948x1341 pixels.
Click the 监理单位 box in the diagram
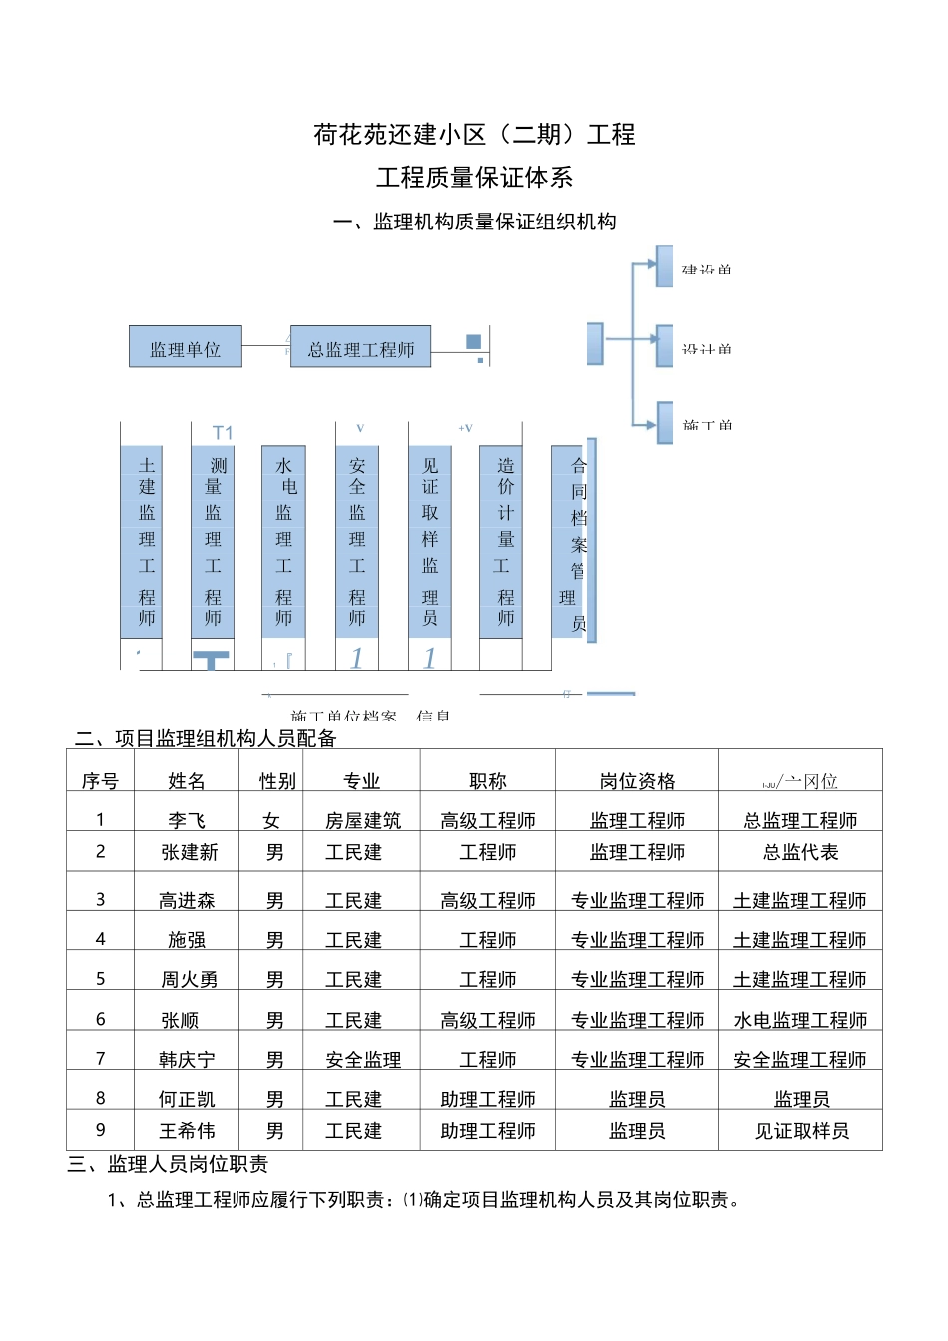[186, 347]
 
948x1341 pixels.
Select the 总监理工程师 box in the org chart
[360, 347]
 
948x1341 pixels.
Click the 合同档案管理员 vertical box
[573, 542]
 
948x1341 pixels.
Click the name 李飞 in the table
[187, 820]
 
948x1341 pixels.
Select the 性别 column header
[277, 781]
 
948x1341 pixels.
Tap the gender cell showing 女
[271, 820]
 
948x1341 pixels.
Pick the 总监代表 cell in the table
[800, 852]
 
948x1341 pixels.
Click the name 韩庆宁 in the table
[187, 1059]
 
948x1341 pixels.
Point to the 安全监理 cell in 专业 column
[363, 1059]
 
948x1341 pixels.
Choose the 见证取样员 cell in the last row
[801, 1130]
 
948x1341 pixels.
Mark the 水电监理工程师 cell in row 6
[800, 1020]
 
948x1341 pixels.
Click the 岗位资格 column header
[637, 781]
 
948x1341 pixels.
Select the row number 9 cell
[100, 1130]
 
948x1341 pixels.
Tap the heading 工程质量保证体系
[474, 178]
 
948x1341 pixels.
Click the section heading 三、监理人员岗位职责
[168, 1164]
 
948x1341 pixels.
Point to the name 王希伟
[187, 1130]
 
